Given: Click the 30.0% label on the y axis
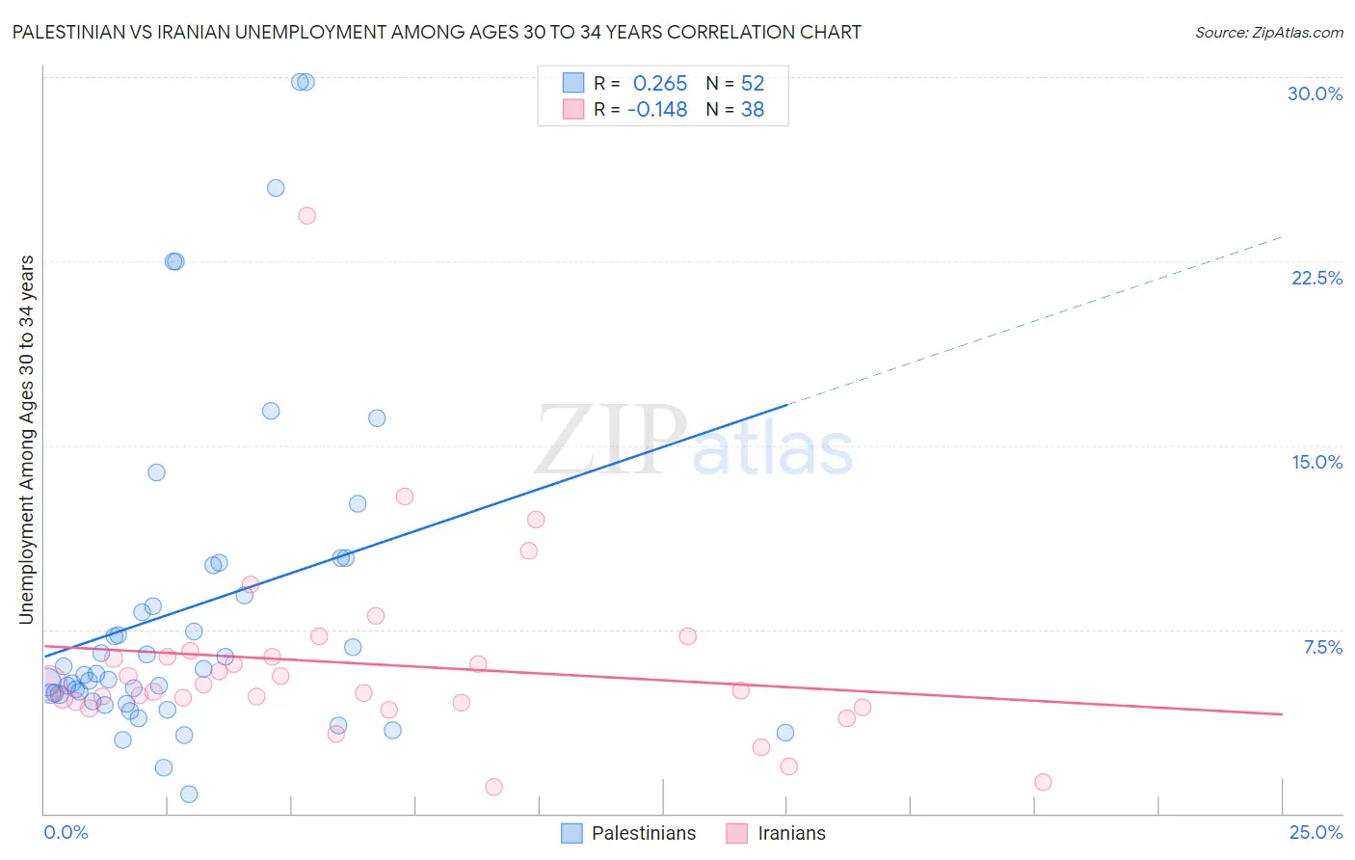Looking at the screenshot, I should tap(1315, 94).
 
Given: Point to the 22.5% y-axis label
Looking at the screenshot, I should tap(1316, 278).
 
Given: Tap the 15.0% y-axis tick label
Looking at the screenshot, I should tap(1316, 462).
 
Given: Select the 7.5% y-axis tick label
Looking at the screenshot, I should tap(1322, 647).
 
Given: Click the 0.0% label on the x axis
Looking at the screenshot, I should tap(66, 832).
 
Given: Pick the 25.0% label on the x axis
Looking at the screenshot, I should tap(1315, 832).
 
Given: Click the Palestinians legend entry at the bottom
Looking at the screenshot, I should tap(643, 833).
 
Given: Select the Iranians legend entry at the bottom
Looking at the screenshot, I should tap(791, 833).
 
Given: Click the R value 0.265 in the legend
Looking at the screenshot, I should tap(660, 84).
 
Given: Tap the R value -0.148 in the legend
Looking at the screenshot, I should tap(657, 110).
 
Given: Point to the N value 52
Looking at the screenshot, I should tap(752, 84).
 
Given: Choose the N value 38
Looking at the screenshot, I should tap(752, 110).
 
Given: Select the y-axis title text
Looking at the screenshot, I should tap(27, 440).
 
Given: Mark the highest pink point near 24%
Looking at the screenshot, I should tap(306, 216).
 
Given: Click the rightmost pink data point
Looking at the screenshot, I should tap(1043, 782).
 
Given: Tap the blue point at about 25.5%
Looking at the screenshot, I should tap(276, 188).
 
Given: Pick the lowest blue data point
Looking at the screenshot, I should tap(189, 794).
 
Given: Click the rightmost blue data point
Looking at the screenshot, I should tap(785, 733).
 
